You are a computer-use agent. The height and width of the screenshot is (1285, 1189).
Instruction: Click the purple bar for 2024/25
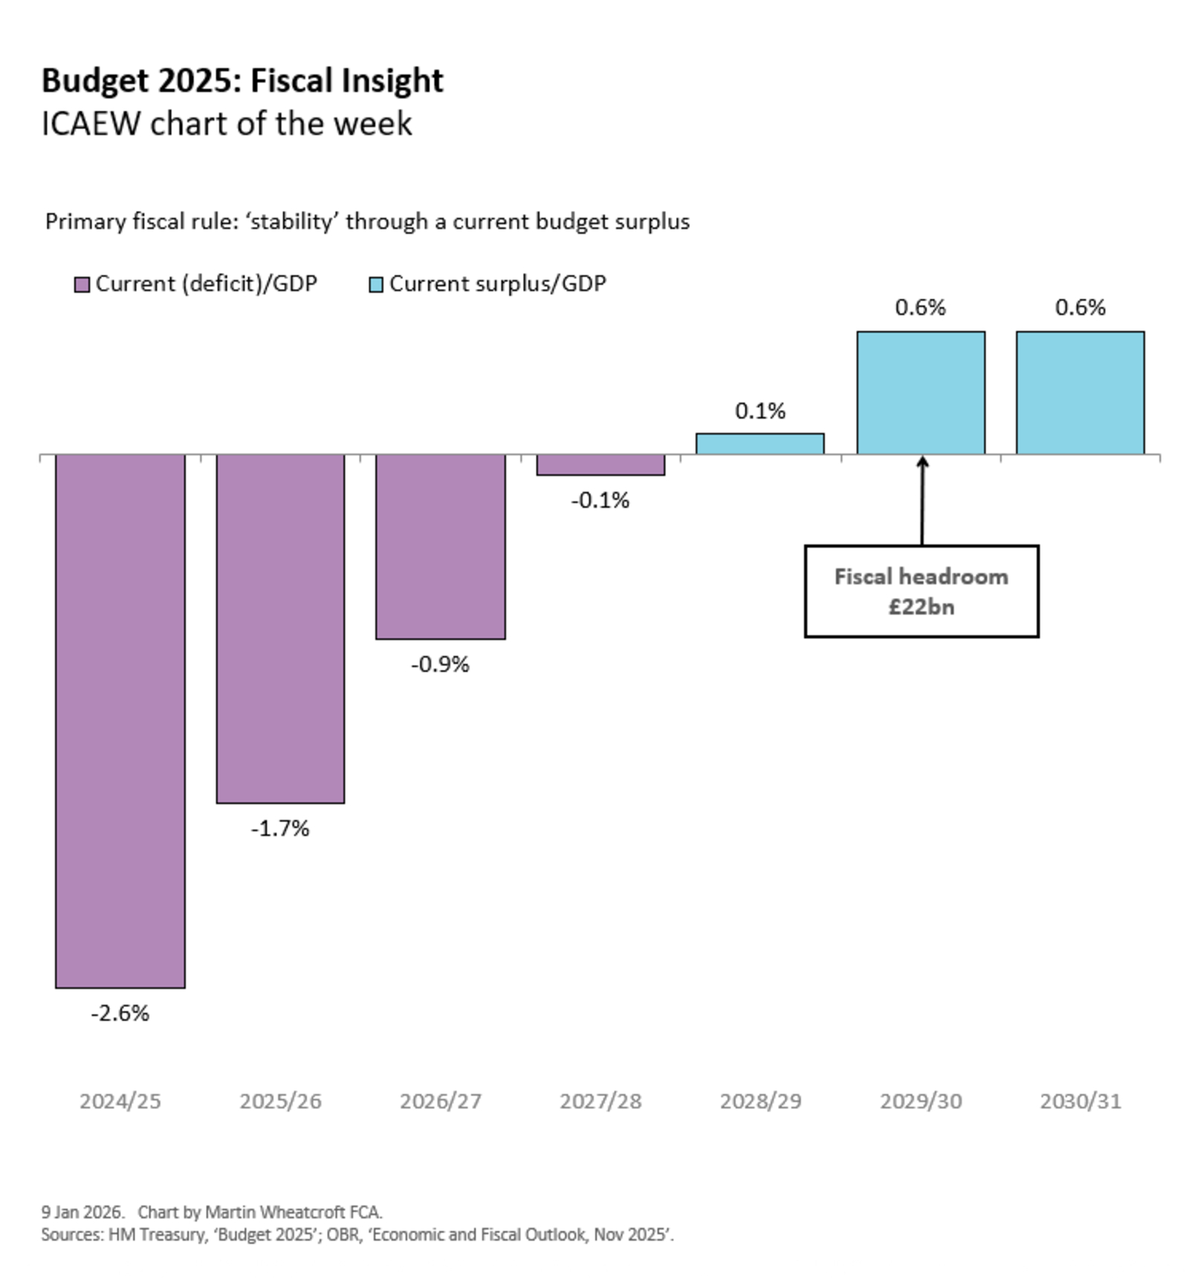(x=120, y=720)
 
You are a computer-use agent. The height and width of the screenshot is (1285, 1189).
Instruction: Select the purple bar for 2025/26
(x=280, y=628)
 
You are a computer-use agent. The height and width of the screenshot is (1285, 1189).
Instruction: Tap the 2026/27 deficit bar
(x=440, y=546)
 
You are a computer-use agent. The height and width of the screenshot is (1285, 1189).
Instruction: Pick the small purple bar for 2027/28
(x=600, y=465)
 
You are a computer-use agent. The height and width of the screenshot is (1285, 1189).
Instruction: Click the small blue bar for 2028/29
(x=759, y=443)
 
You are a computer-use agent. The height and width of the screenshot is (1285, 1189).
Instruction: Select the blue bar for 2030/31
(x=1080, y=392)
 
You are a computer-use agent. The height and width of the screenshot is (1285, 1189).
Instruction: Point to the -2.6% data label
(x=120, y=1013)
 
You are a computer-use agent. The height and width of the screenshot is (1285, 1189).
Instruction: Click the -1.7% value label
(x=280, y=828)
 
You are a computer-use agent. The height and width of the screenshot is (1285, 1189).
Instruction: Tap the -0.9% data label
(x=440, y=664)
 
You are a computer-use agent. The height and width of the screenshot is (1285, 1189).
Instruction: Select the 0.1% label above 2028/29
(x=759, y=411)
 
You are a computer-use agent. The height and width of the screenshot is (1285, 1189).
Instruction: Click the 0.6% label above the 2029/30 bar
(x=920, y=307)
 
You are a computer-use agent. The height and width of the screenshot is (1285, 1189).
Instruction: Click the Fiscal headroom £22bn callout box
(x=921, y=591)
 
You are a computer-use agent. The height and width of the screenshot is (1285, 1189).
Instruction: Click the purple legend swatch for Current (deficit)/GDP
(x=82, y=284)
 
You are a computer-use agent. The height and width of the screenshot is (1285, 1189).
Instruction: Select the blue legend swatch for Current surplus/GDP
(x=376, y=284)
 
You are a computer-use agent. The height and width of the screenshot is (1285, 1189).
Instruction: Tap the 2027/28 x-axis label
(x=600, y=1101)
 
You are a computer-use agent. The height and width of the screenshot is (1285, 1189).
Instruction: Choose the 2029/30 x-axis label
(x=921, y=1101)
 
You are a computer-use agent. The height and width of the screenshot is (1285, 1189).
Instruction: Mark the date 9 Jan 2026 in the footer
(x=82, y=1212)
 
